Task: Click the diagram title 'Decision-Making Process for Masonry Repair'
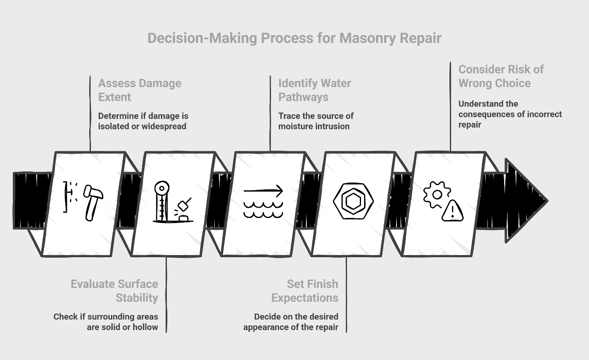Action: click(x=294, y=38)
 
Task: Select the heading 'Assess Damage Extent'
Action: click(x=140, y=90)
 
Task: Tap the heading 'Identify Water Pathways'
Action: click(x=315, y=90)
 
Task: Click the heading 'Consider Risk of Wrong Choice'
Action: click(x=501, y=76)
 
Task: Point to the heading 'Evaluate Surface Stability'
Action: click(x=114, y=290)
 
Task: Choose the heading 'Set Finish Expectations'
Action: click(x=305, y=290)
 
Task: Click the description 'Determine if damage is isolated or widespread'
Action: click(x=143, y=121)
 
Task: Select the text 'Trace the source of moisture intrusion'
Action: click(x=316, y=121)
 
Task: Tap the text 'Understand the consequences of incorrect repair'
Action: click(x=510, y=114)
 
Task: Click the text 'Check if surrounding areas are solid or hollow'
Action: click(x=106, y=322)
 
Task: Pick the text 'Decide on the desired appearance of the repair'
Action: click(x=291, y=322)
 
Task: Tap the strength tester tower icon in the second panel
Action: click(x=162, y=201)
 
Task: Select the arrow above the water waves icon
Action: click(x=263, y=191)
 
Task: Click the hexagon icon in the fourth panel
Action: click(x=353, y=201)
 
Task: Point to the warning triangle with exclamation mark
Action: click(x=452, y=211)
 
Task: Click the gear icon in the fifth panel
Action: click(x=437, y=195)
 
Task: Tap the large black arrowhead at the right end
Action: click(x=525, y=200)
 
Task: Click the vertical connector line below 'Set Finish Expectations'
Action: click(x=346, y=294)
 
